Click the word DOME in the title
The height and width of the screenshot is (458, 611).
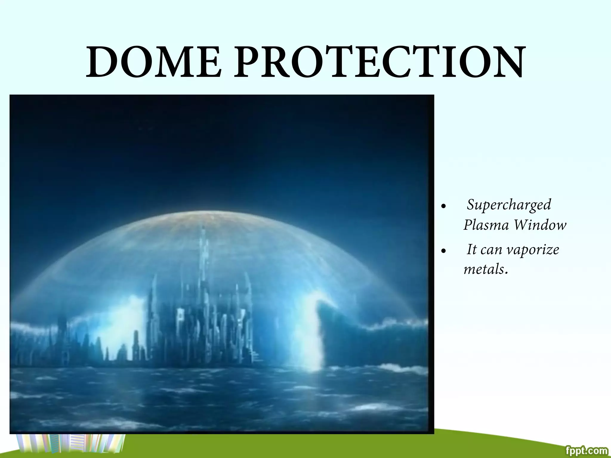coord(154,62)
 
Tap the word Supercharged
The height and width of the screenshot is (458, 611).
coord(509,205)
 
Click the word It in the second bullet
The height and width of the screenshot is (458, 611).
coord(471,250)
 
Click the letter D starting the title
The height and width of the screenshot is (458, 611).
coord(103,62)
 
